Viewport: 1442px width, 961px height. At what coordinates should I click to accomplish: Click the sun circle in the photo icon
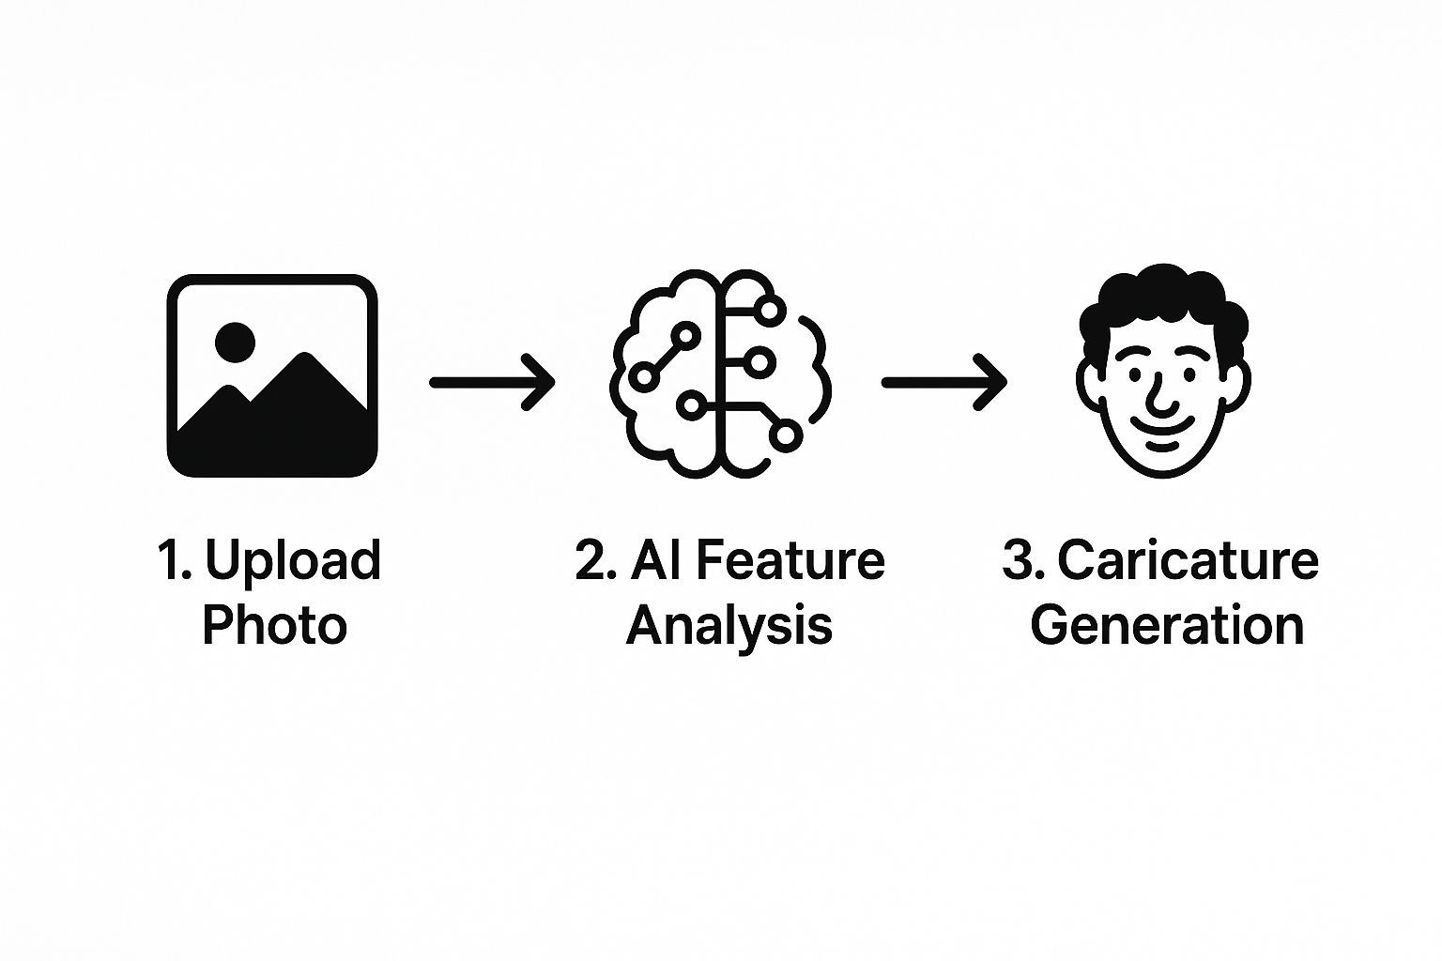point(235,343)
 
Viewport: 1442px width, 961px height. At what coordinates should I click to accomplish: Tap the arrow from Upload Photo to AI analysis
point(492,382)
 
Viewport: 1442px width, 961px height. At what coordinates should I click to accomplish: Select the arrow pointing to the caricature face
point(943,382)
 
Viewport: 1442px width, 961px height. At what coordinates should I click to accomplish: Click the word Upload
point(292,562)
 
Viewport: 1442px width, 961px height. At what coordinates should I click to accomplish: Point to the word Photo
point(274,625)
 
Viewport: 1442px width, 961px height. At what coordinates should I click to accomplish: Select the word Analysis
point(729,625)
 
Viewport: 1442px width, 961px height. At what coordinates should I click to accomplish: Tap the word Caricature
point(1188,560)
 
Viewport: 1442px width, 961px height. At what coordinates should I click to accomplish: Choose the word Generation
point(1167,625)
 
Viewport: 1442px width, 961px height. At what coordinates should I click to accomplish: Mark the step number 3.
point(1019,560)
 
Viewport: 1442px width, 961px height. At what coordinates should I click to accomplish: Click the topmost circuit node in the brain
point(770,309)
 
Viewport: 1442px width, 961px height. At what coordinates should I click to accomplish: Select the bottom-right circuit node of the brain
point(785,435)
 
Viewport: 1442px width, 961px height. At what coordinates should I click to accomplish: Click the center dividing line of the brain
point(719,375)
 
